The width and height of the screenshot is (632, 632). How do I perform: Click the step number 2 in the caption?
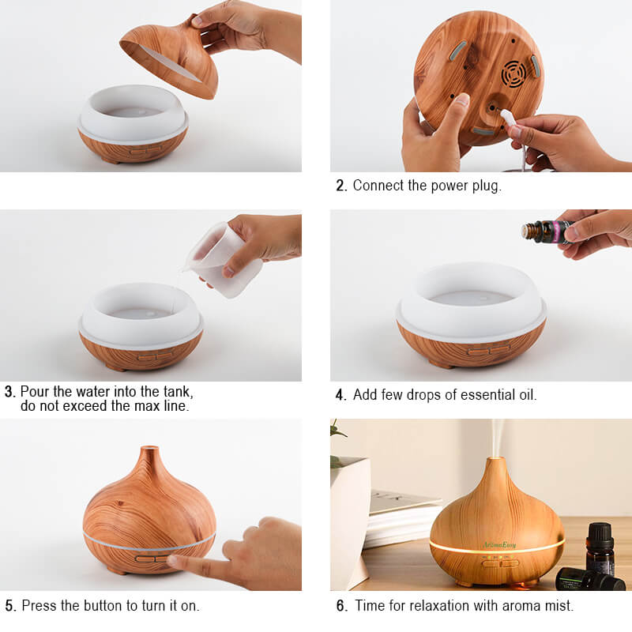point(341,186)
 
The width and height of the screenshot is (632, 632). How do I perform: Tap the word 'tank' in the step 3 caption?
point(179,392)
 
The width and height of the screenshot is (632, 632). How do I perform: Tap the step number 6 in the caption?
point(342,605)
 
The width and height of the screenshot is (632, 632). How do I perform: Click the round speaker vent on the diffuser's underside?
point(513,73)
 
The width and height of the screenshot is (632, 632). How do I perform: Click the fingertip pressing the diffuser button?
point(172,559)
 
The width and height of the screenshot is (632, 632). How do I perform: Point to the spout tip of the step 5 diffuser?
point(149,448)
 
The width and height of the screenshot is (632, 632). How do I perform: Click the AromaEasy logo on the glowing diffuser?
point(499,545)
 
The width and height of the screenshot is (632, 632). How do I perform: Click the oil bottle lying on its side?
point(590,580)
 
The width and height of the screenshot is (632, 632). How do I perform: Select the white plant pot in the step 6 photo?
point(349,520)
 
